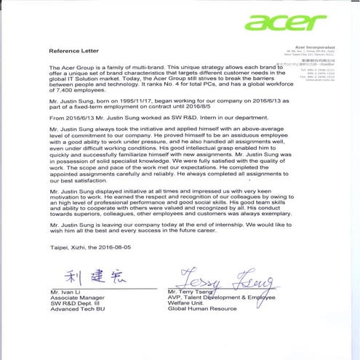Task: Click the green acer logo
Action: [287, 23]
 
